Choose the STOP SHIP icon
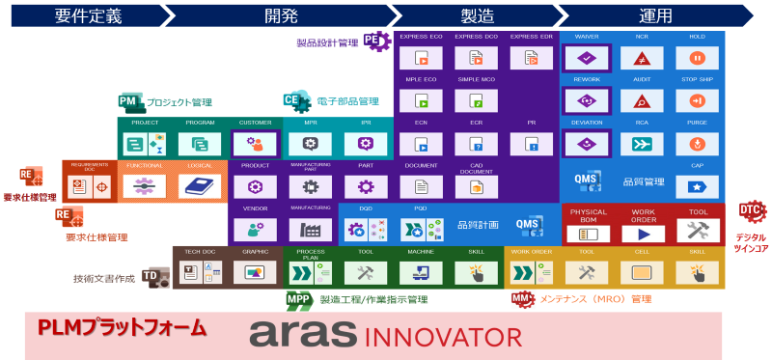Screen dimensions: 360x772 click(x=697, y=101)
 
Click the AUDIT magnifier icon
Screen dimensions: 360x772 click(x=642, y=101)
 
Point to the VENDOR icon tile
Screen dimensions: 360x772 click(x=256, y=229)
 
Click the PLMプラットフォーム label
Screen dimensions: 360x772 click(x=122, y=328)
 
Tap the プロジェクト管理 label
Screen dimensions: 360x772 click(x=179, y=102)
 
